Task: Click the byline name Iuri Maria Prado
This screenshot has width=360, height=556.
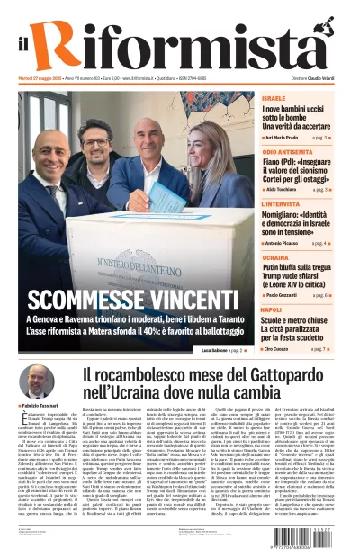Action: [x=287, y=139]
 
